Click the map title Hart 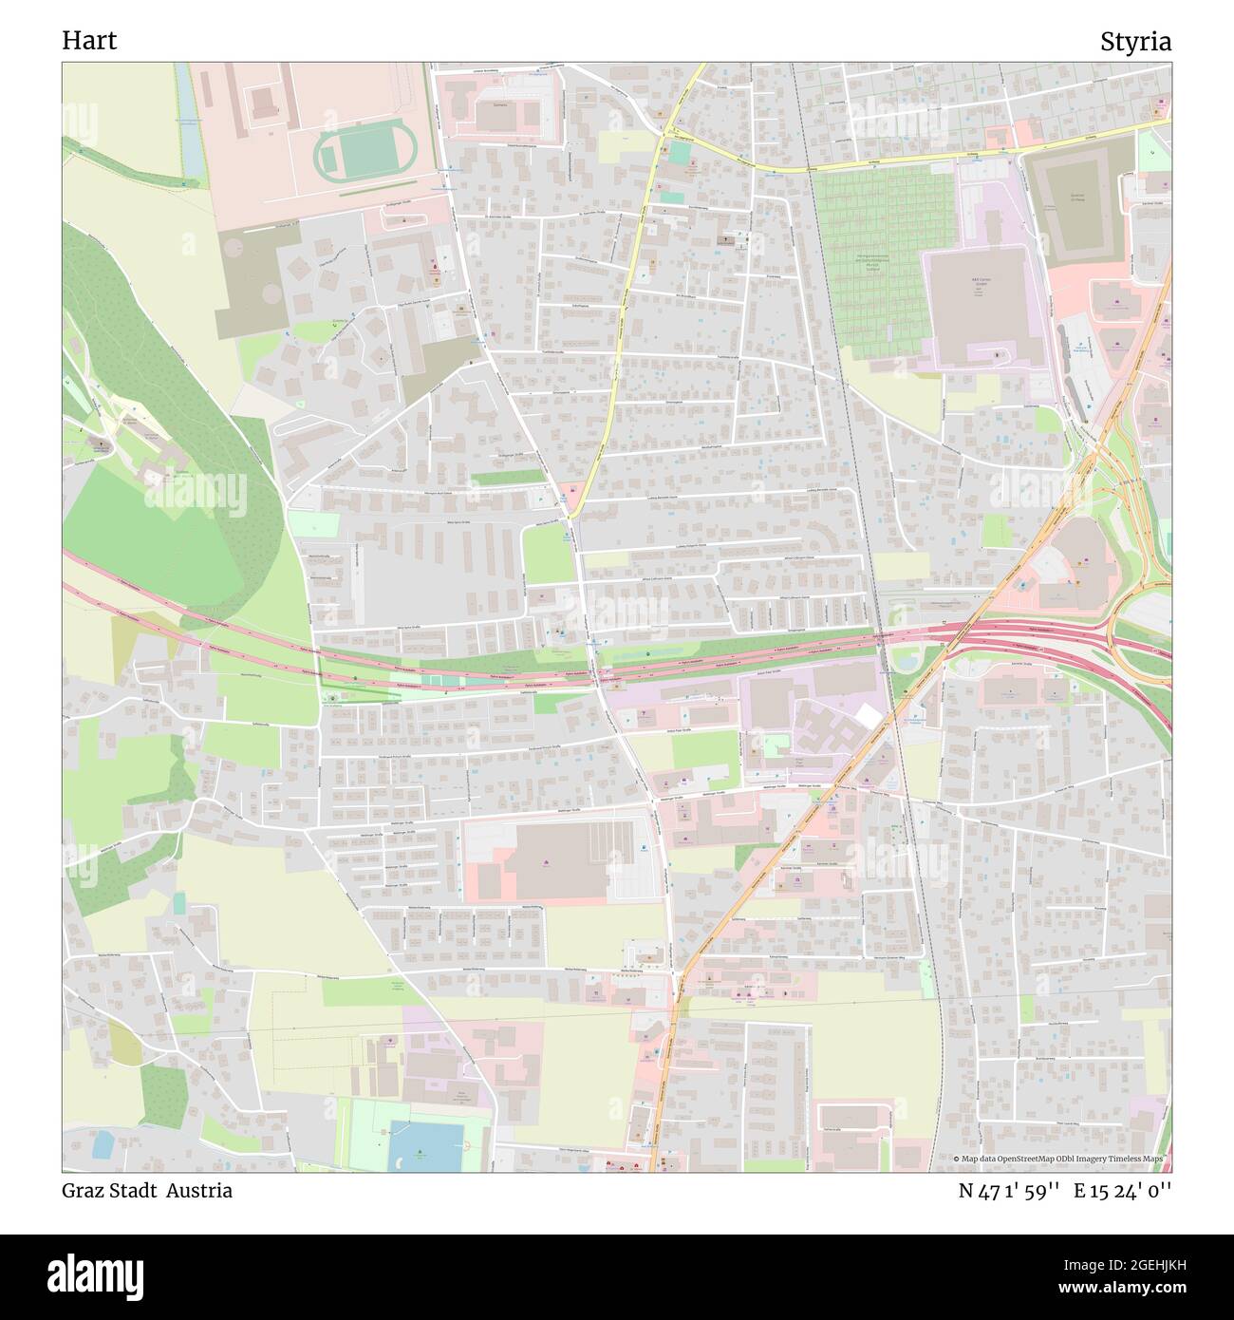click(89, 41)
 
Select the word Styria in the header click(1135, 42)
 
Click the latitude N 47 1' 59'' click(1009, 1191)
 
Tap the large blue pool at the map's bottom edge click(421, 1145)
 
